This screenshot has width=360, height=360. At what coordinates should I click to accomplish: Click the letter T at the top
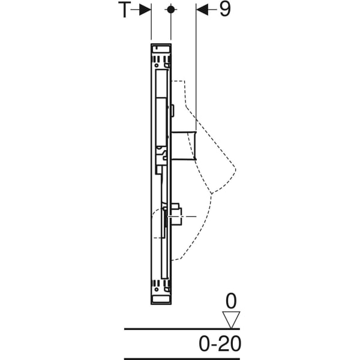point(124,10)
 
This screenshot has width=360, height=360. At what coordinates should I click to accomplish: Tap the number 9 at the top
point(225,10)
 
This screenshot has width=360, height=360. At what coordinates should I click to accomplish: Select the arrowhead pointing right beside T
point(145,10)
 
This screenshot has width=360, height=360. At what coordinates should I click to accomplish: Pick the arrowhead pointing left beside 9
point(202,10)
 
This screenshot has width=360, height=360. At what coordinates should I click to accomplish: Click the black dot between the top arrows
point(170,10)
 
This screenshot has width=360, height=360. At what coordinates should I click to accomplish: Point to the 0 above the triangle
point(231,301)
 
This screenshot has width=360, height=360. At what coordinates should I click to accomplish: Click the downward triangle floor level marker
point(231,320)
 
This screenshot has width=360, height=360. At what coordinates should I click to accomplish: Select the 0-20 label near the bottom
point(220,343)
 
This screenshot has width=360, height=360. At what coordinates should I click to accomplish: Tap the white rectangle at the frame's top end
point(161,49)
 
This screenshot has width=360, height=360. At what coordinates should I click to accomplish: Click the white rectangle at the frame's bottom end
point(161,299)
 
